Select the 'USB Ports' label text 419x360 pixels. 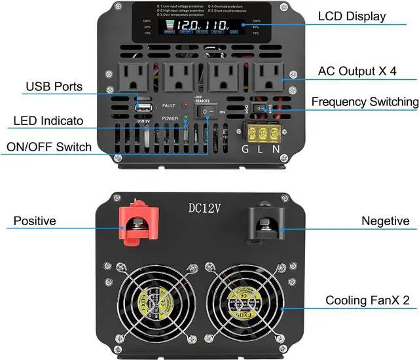pyautogui.click(x=54, y=86)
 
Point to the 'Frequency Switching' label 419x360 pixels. pyautogui.click(x=365, y=101)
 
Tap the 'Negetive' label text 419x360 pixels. pyautogui.click(x=385, y=221)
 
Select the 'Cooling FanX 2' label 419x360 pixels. pyautogui.click(x=368, y=300)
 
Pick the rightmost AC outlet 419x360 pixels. pyautogui.click(x=269, y=79)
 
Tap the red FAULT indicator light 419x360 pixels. pyautogui.click(x=185, y=105)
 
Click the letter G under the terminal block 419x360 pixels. pyautogui.click(x=246, y=149)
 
